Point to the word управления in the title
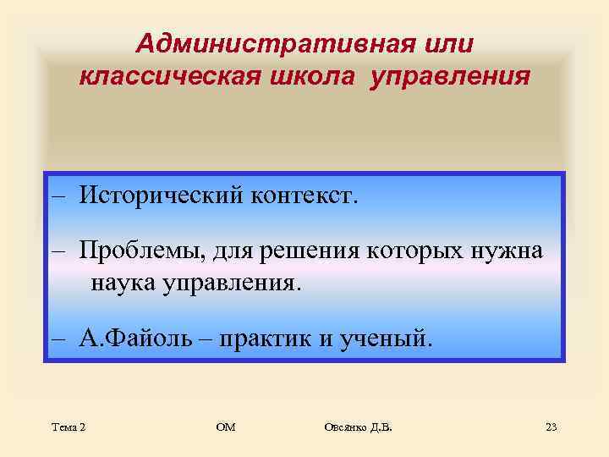coord(446,77)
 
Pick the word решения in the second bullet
coord(314,251)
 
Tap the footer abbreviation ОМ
coord(226,428)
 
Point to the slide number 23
coord(551,428)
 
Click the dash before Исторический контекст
coord(58,196)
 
